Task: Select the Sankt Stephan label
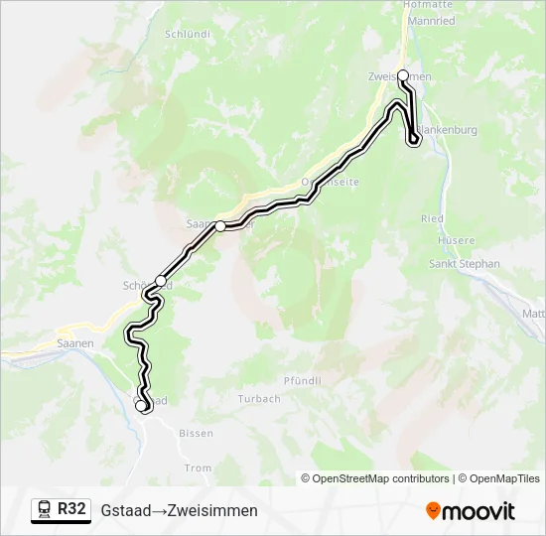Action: (x=464, y=264)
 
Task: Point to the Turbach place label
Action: (x=259, y=399)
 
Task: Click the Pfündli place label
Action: (x=303, y=380)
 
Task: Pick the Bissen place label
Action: (x=196, y=434)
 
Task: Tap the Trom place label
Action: (x=199, y=468)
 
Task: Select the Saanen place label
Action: (x=75, y=342)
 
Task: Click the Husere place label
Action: (x=456, y=240)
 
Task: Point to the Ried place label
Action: (x=432, y=218)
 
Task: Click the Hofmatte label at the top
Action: (x=428, y=4)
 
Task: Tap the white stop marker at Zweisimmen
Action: (x=403, y=75)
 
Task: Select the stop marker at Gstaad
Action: (x=142, y=405)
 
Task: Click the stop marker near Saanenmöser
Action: (x=220, y=226)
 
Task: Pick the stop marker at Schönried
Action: (x=161, y=281)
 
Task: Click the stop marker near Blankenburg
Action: (x=414, y=140)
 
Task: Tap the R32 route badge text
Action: (x=71, y=509)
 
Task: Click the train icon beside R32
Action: (x=45, y=510)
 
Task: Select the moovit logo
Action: (x=471, y=511)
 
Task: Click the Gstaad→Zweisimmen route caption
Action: (x=179, y=510)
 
